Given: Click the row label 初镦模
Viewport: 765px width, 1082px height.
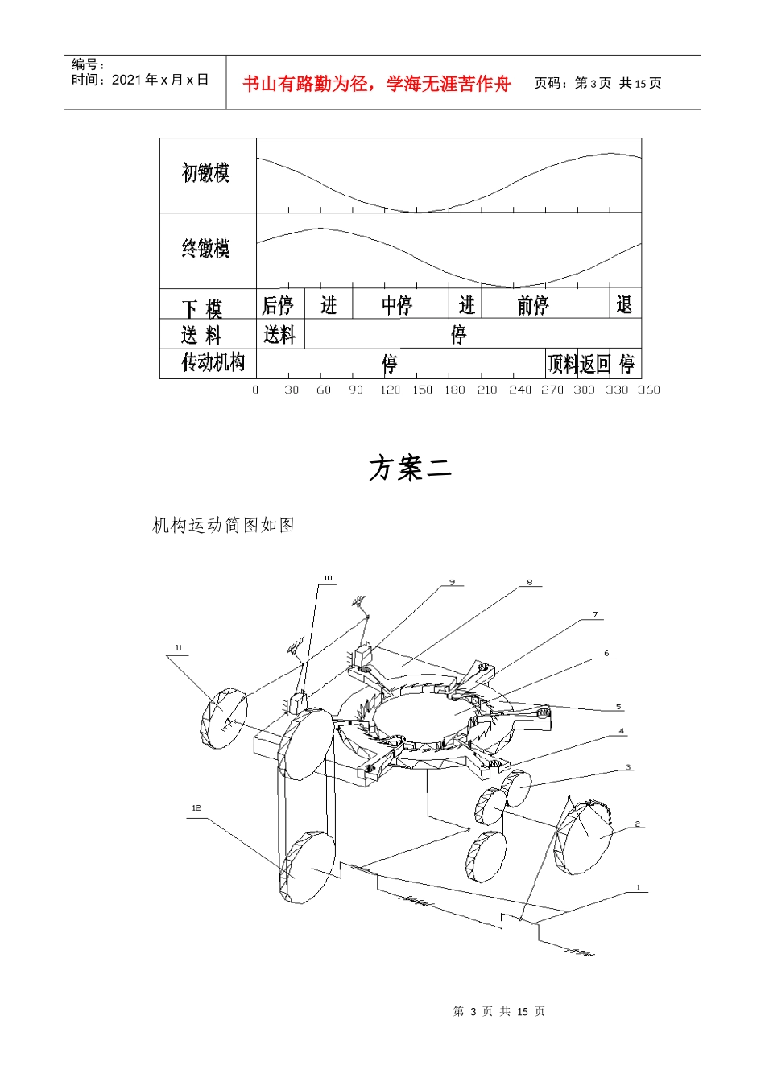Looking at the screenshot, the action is (x=205, y=172).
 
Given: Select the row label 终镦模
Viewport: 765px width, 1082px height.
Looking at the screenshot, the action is (x=205, y=248).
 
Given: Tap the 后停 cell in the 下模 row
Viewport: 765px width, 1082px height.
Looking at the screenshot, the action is (x=278, y=305).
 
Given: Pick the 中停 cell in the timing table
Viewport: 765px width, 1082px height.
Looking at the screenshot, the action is (x=397, y=305).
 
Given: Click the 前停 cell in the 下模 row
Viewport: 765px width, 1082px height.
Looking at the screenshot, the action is (x=533, y=305).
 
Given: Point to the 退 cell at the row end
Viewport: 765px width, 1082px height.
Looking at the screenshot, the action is (x=624, y=305).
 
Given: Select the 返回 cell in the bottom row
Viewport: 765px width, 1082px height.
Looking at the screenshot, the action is (x=594, y=364).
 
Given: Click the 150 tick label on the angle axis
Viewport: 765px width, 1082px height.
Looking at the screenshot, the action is (x=422, y=390).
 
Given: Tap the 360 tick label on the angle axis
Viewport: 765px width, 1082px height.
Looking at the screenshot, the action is (x=648, y=390).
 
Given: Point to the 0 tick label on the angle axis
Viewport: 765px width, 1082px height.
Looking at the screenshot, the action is (x=255, y=390).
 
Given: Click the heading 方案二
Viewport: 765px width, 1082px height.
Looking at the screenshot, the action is (x=411, y=469).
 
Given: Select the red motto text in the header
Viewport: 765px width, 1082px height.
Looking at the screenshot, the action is (x=376, y=84).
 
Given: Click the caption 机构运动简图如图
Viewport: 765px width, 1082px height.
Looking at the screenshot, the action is (x=223, y=525).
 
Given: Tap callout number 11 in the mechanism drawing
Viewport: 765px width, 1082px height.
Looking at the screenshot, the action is (x=178, y=648).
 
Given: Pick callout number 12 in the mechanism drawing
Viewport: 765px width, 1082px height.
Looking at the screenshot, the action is (x=196, y=807).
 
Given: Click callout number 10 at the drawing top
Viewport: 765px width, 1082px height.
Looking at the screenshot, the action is (x=328, y=578).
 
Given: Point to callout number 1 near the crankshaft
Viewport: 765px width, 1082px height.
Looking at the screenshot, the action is (x=638, y=888).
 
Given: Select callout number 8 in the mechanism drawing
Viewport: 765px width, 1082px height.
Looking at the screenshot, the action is (x=529, y=583).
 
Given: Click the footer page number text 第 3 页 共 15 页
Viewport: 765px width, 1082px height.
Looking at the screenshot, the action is (x=499, y=1011).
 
